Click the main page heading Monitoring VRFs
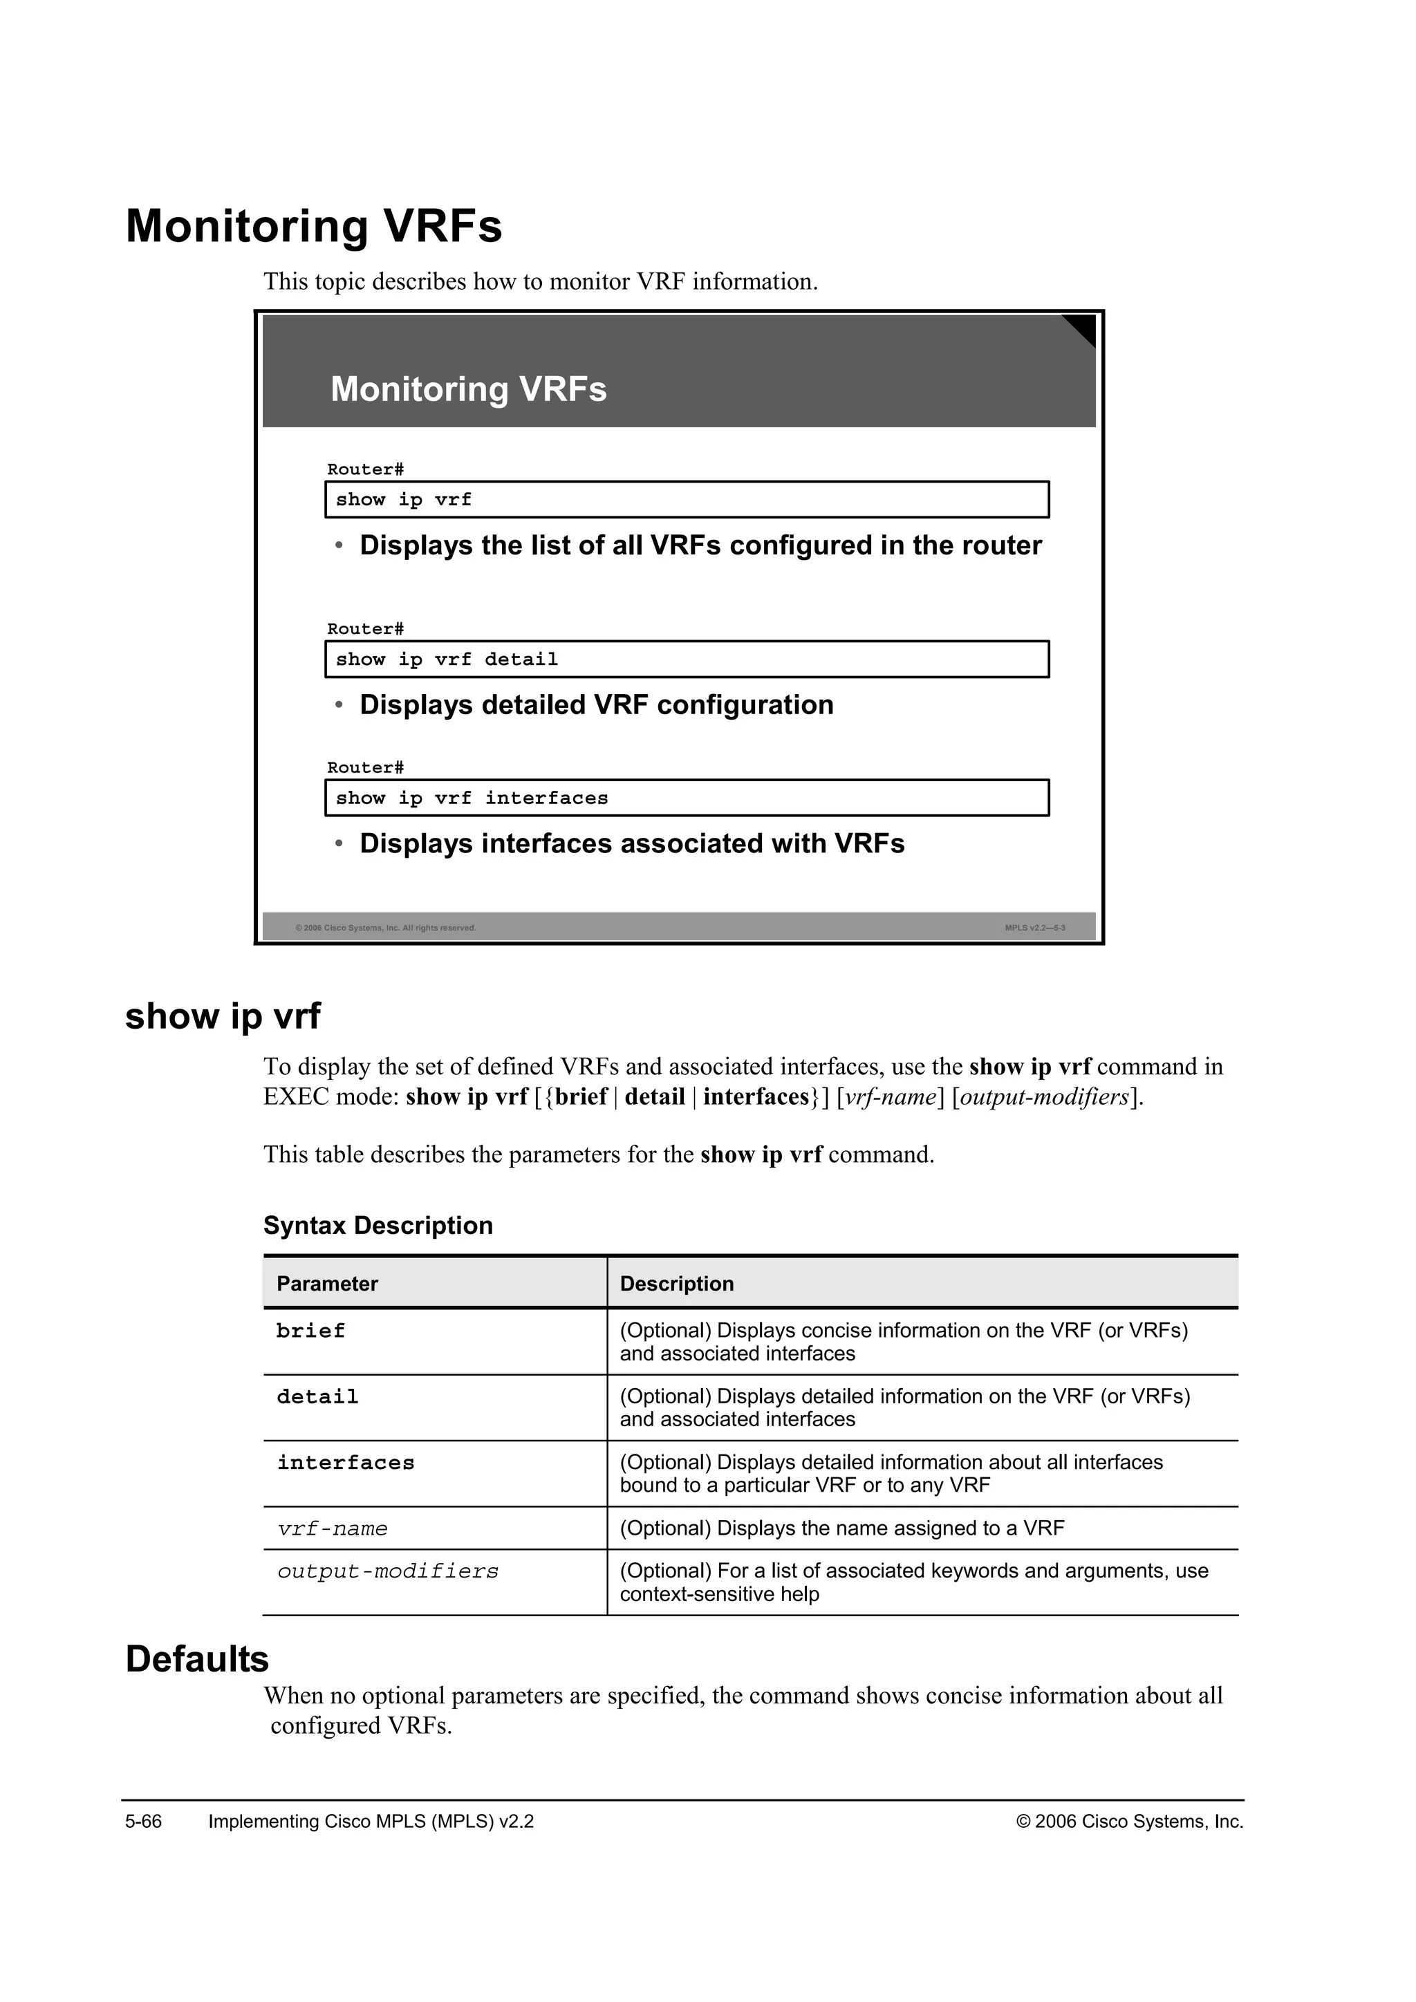point(314,226)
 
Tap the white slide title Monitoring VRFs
point(468,389)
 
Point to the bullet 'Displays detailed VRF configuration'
point(597,704)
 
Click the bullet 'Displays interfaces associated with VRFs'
point(632,843)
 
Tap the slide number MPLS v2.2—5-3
point(1034,928)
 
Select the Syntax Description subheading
point(378,1225)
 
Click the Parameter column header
point(327,1284)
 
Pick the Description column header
point(677,1284)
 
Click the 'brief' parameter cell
point(310,1331)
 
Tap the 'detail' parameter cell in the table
point(317,1397)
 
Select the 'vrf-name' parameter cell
point(332,1528)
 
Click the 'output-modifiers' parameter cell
point(388,1571)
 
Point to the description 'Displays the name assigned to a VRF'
point(841,1528)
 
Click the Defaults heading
point(197,1658)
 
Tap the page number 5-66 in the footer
point(144,1822)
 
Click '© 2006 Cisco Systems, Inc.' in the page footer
point(1129,1822)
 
